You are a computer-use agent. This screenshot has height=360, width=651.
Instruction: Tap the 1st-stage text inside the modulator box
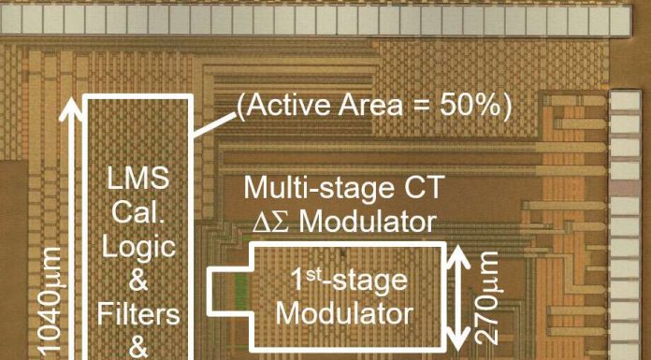[346, 278]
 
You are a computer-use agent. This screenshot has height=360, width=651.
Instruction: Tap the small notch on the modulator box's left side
[219, 292]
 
